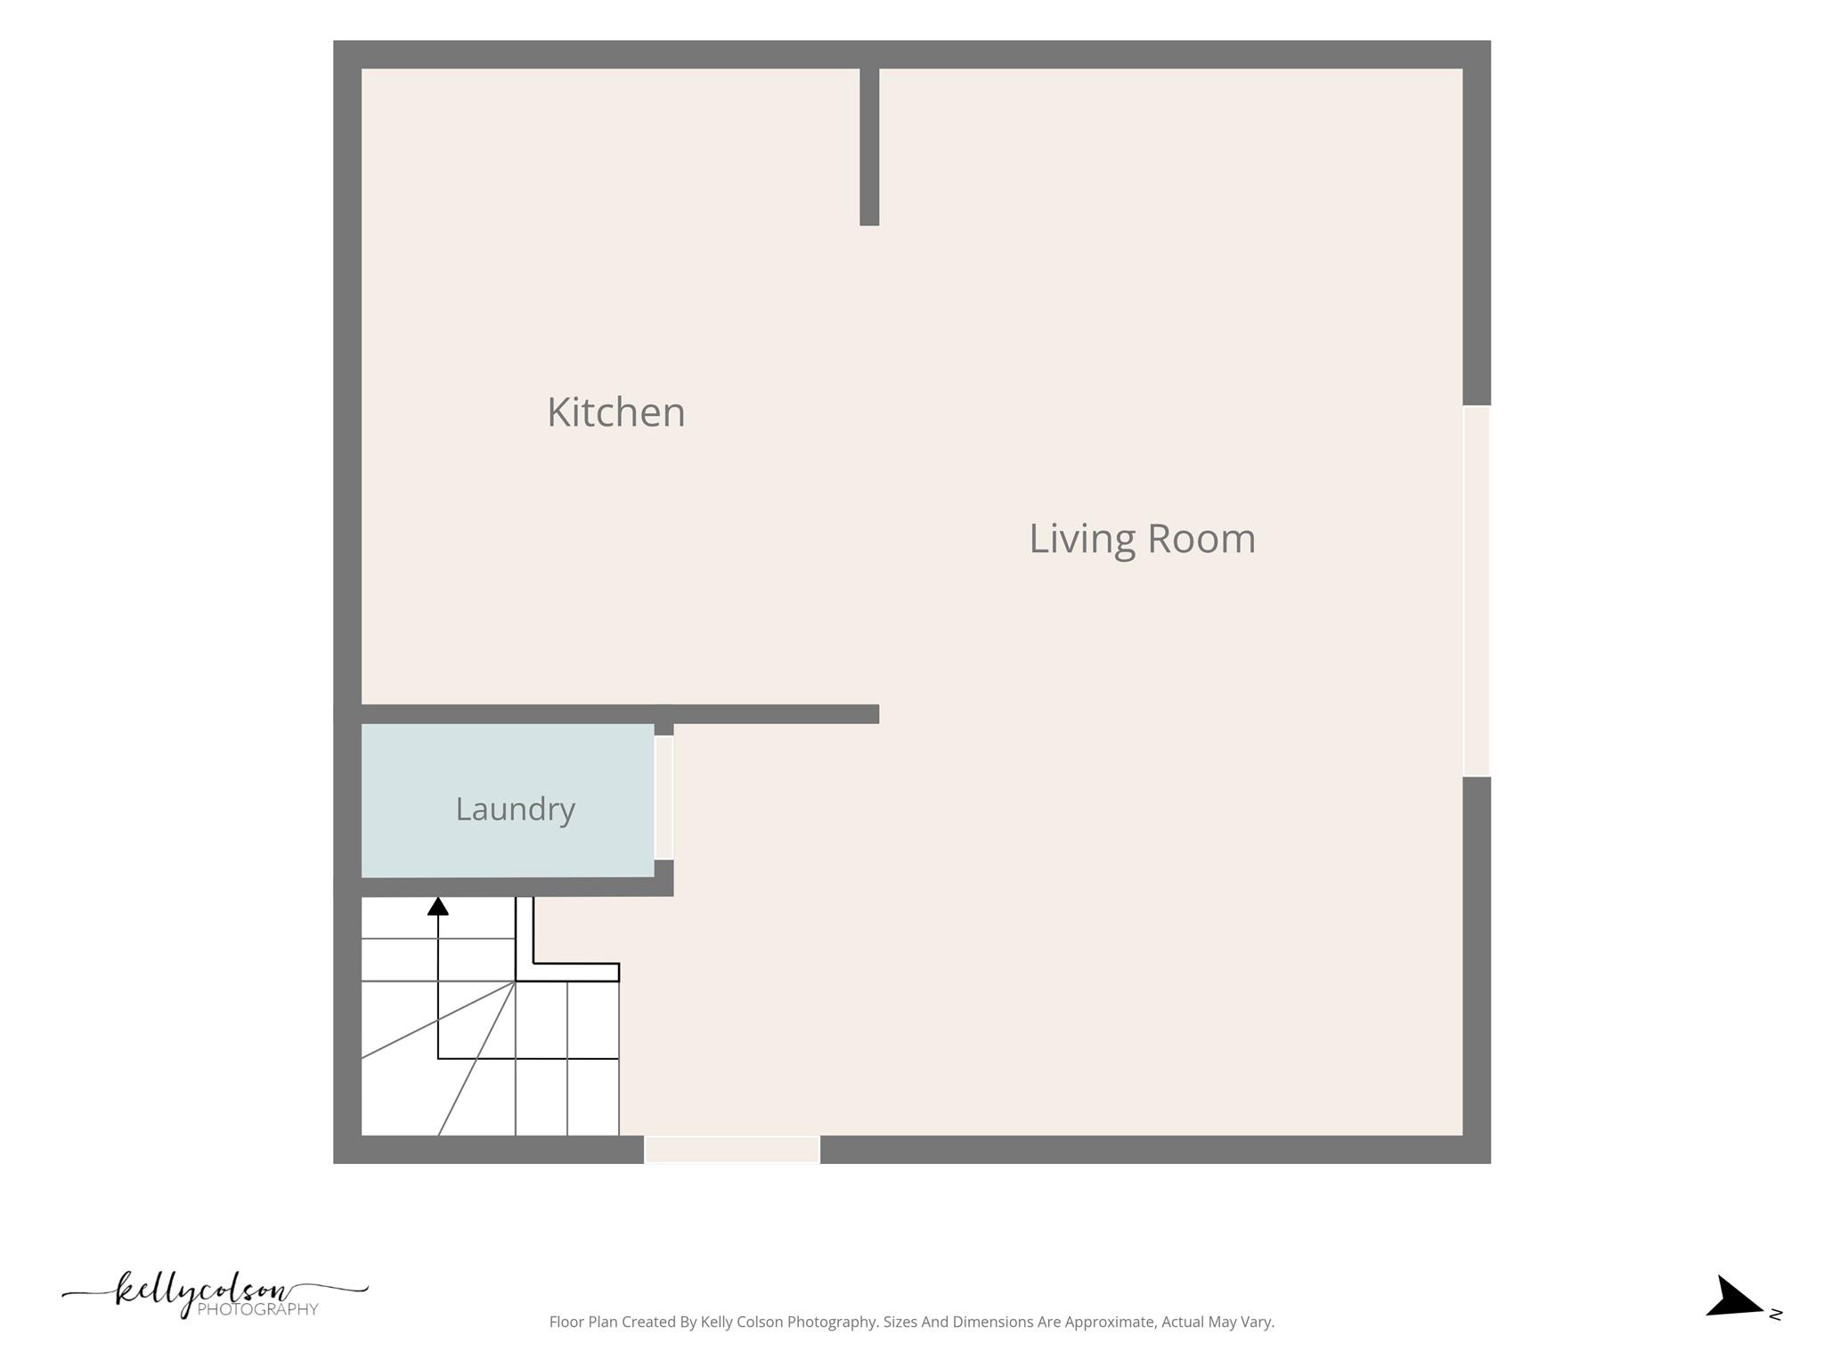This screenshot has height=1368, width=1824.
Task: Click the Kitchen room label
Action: click(616, 412)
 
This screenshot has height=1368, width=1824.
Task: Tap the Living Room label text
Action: click(1143, 539)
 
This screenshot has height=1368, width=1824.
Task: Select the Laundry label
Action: click(516, 810)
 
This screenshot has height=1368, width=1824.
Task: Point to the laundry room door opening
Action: click(664, 797)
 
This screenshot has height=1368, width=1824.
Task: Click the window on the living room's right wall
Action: click(1477, 590)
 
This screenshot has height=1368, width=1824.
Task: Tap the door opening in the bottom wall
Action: click(732, 1149)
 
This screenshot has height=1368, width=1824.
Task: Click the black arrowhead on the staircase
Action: click(437, 906)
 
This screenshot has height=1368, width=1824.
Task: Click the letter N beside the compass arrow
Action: click(1776, 1314)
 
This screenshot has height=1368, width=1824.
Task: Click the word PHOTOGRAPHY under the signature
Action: click(257, 1309)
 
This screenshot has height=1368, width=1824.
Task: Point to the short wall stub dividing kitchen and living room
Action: click(869, 147)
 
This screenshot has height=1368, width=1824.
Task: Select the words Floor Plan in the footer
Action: click(581, 1322)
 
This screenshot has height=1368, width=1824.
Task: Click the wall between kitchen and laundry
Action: click(620, 714)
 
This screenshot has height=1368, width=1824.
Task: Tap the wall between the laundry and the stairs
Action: click(517, 887)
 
